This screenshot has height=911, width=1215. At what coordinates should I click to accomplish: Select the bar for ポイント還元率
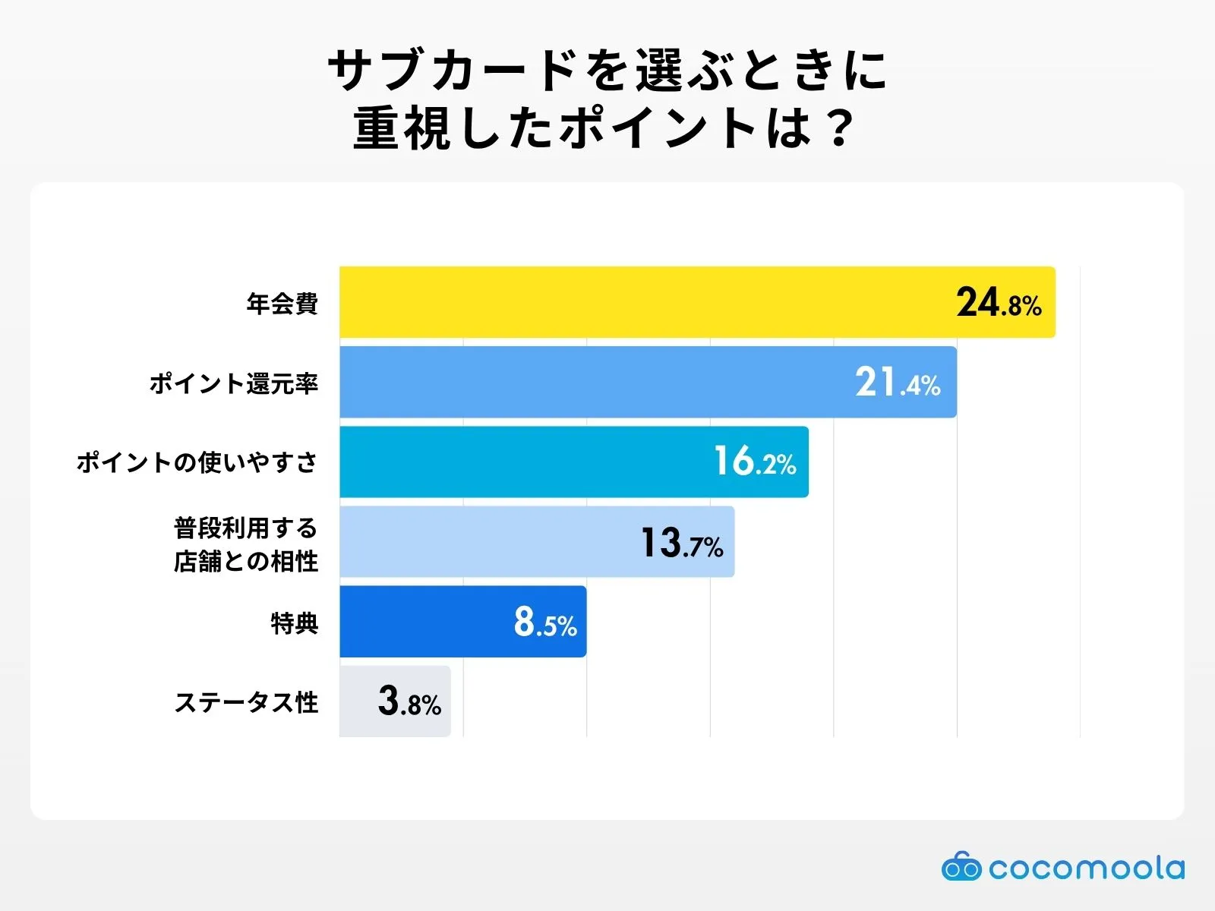click(x=592, y=382)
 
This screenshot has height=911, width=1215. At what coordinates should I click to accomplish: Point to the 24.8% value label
click(x=999, y=303)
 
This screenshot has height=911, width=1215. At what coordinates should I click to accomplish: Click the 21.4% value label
click(x=898, y=383)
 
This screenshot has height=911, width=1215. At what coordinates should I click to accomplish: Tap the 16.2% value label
click(x=755, y=462)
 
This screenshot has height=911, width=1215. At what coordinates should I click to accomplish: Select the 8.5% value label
click(x=545, y=622)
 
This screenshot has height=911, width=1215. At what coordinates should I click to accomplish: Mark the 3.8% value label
click(x=409, y=701)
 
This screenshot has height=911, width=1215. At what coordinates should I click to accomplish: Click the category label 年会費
click(x=282, y=304)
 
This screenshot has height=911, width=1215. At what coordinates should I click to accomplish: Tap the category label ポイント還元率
click(x=233, y=383)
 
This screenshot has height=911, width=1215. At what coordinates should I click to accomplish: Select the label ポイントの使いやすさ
click(x=197, y=462)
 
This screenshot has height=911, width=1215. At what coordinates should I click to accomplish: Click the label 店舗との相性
click(x=245, y=562)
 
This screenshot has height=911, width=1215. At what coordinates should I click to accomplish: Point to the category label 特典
click(x=294, y=623)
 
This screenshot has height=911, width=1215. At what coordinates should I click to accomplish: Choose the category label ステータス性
click(x=246, y=702)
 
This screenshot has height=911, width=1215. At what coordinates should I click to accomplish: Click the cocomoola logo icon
click(x=961, y=867)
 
